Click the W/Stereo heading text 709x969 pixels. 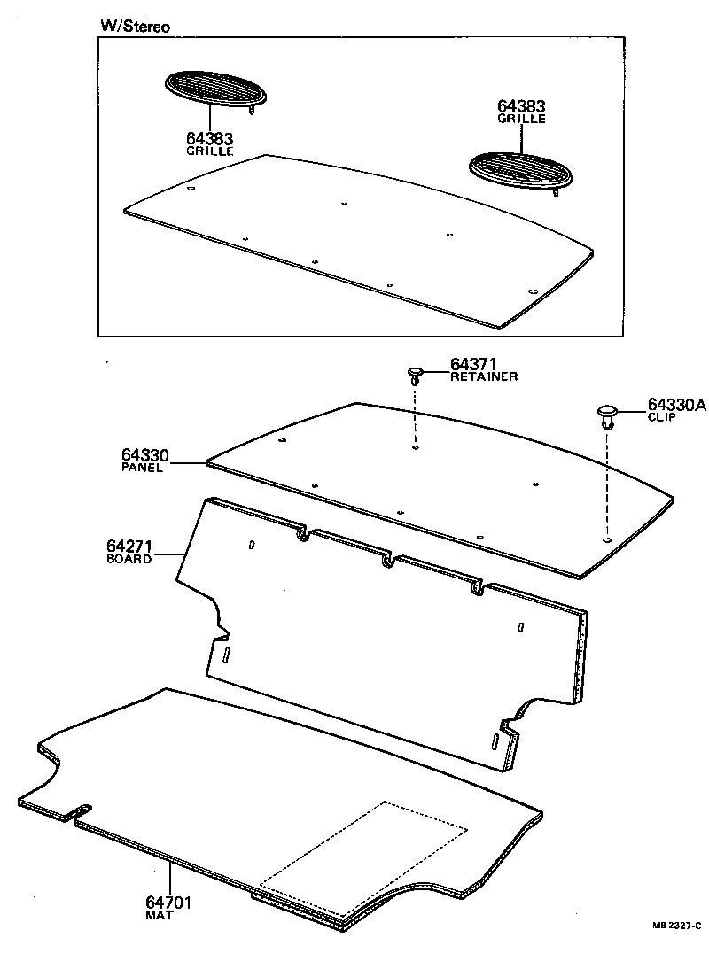pos(134,27)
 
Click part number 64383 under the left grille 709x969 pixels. pos(210,138)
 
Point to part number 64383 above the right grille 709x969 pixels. pos(522,106)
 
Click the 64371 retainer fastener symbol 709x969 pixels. pos(415,374)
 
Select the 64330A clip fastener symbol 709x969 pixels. pos(607,415)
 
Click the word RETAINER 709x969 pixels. pos(484,376)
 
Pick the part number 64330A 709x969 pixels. pos(676,405)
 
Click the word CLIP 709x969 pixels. pos(661,417)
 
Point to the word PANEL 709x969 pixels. pos(142,468)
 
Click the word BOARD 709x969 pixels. pos(129,559)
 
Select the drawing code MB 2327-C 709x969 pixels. pos(677,926)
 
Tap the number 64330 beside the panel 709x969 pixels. pos(144,455)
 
